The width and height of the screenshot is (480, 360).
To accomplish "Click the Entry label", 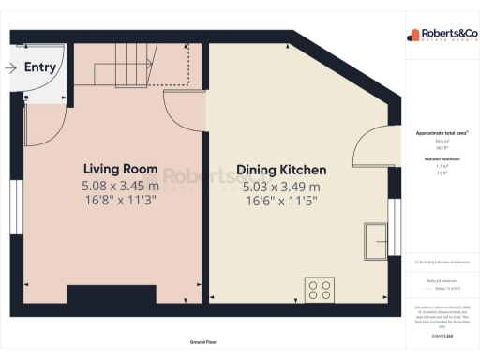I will [x=39, y=67].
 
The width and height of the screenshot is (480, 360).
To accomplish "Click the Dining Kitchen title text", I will [x=281, y=170].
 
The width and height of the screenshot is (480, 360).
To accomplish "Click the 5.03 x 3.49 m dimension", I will [x=281, y=186].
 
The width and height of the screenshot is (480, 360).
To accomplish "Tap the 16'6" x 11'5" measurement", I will [x=281, y=200].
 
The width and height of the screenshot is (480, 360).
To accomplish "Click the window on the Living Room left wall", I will [x=16, y=207].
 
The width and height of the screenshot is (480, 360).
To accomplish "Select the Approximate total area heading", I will [x=441, y=133].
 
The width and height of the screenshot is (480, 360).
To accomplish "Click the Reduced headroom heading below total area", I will [x=441, y=159].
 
